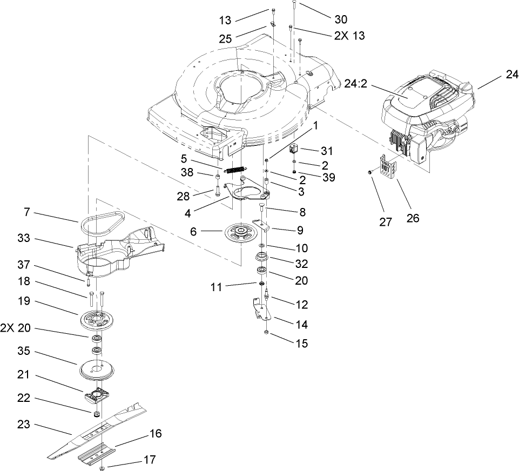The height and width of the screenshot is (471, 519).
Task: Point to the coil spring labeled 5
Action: [235, 169]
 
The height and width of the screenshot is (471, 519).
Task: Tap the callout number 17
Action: [150, 460]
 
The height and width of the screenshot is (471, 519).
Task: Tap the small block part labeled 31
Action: [295, 150]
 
